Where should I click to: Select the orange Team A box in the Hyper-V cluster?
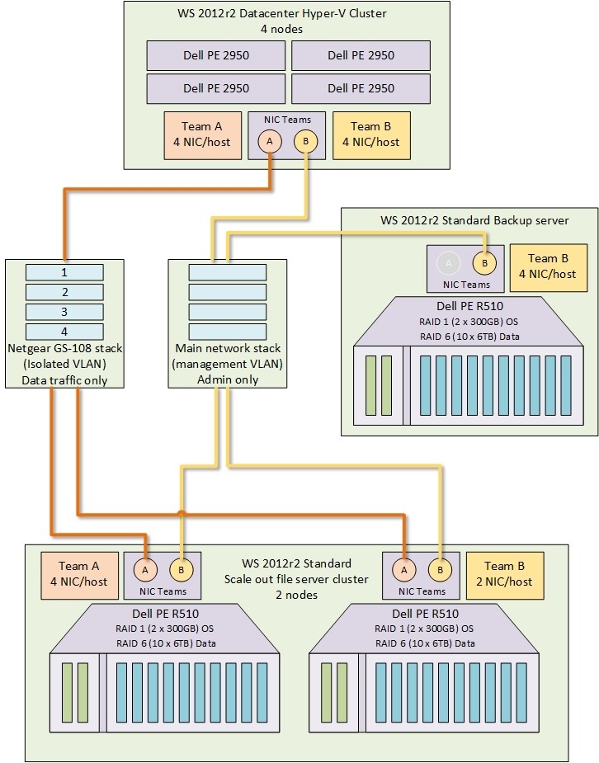pos(202,134)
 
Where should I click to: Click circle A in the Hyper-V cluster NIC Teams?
pos(268,141)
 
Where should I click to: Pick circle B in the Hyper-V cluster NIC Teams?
pos(306,141)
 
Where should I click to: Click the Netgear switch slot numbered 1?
pos(64,272)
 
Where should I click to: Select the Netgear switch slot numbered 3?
pos(64,312)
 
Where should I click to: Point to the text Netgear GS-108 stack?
pos(64,348)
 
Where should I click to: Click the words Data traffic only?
pos(64,379)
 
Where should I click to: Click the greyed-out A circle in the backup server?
pos(448,263)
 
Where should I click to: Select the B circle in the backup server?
pos(484,263)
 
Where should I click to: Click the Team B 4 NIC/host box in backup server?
pos(549,267)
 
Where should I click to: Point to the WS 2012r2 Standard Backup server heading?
pos(469,221)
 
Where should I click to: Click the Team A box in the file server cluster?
pos(78,575)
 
